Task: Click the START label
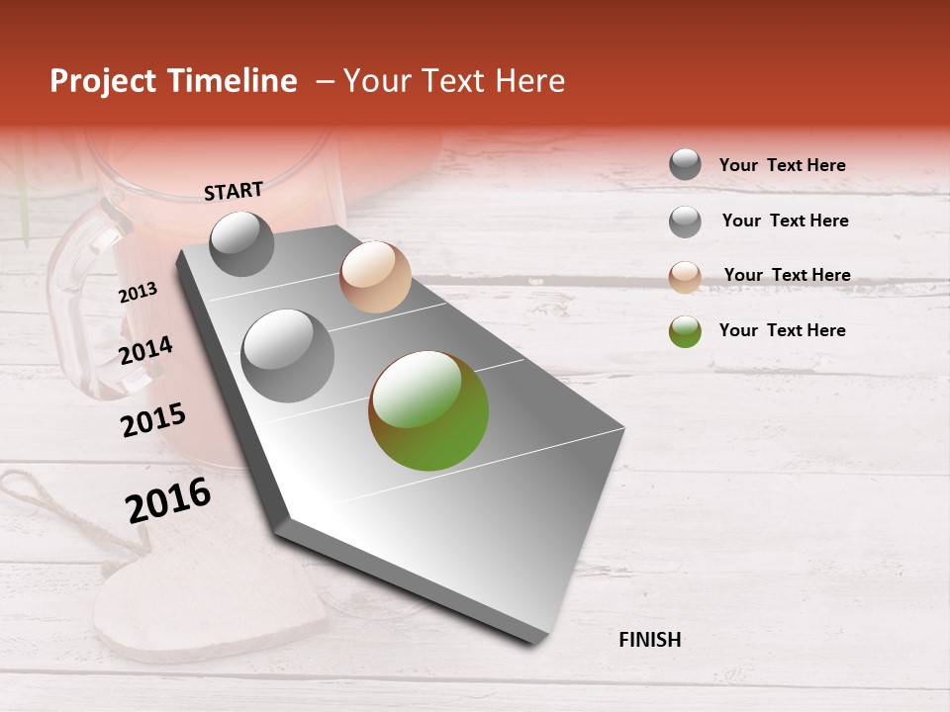(234, 191)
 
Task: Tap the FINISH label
(649, 640)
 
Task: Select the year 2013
(138, 293)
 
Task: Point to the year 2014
(145, 351)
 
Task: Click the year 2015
(152, 420)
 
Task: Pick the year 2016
(168, 500)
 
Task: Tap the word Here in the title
(529, 81)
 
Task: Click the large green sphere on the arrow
(428, 410)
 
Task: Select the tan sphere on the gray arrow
(375, 277)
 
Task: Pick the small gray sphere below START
(241, 243)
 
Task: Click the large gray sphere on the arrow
(287, 356)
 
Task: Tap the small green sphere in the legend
(685, 331)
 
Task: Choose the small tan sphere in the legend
(685, 277)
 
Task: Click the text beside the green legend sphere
(782, 330)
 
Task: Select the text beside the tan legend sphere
(787, 275)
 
